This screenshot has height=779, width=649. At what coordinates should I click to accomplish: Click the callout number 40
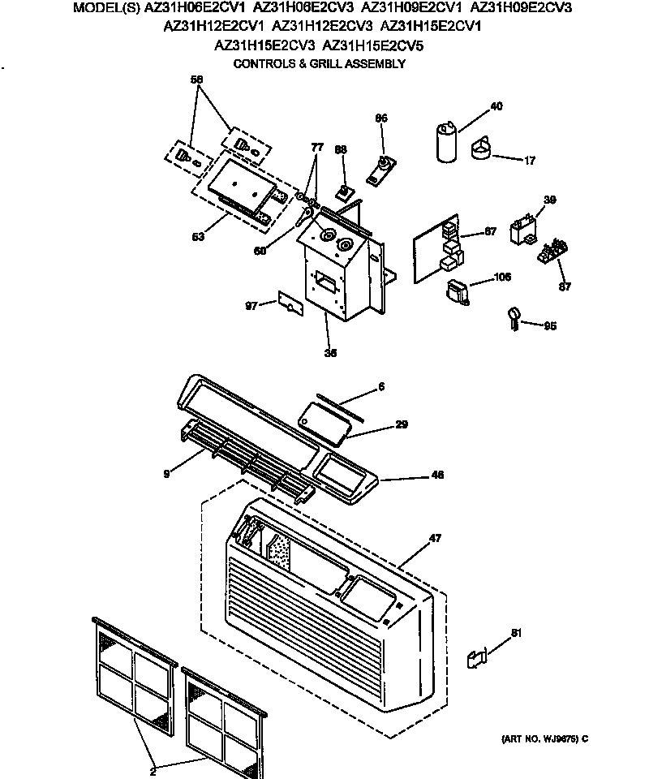[x=496, y=106]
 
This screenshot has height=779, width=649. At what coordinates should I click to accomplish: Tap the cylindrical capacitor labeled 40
[x=445, y=142]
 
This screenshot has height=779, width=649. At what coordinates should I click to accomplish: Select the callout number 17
[x=529, y=161]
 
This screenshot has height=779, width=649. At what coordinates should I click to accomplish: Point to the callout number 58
[x=196, y=79]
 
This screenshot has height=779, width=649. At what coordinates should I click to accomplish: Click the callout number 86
[x=381, y=118]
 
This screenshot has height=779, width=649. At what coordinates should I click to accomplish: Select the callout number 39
[x=550, y=200]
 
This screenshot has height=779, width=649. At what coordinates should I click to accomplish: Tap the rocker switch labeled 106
[x=458, y=291]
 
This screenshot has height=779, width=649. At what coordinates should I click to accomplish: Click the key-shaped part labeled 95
[x=514, y=317]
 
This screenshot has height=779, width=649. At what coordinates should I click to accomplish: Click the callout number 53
[x=198, y=237]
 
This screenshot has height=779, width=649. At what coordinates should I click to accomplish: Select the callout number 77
[x=317, y=147]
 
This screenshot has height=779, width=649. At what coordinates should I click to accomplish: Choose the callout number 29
[x=401, y=424]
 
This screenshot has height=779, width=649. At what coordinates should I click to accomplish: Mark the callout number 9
[x=166, y=473]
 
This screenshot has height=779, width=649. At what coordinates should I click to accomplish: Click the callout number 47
[x=435, y=538]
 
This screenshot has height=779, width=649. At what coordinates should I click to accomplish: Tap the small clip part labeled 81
[x=476, y=660]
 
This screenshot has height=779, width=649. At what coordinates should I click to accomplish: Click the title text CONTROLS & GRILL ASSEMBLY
[x=319, y=63]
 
